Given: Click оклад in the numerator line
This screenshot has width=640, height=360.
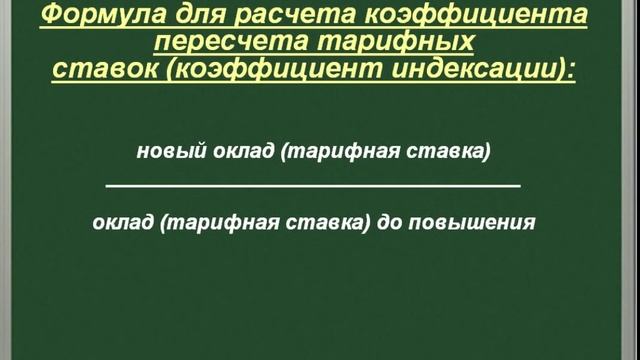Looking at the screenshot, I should tap(241, 151).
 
